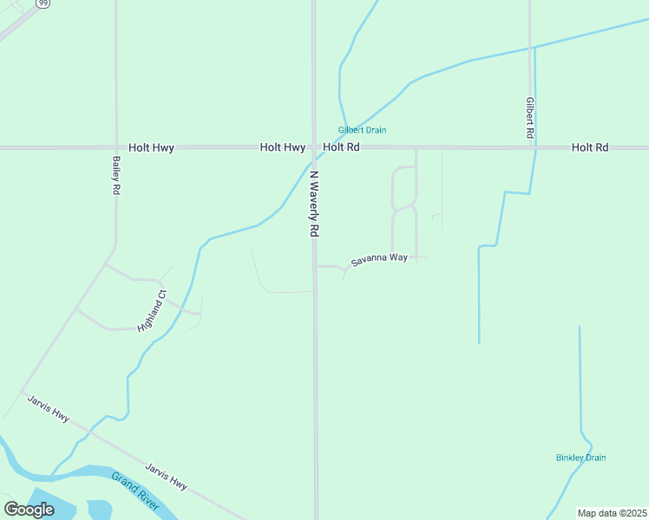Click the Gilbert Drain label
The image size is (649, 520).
[x=362, y=130]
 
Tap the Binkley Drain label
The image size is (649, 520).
[x=580, y=458]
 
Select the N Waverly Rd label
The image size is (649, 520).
[x=315, y=204]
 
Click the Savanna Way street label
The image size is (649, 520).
[x=379, y=259]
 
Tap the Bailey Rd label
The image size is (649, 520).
[x=115, y=175]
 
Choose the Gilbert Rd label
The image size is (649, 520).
[x=529, y=119]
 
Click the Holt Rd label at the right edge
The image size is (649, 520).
[x=590, y=148]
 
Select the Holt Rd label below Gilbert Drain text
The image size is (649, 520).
[x=341, y=148]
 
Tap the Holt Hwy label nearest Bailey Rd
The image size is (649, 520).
[x=151, y=148]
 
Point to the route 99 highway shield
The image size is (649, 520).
[x=43, y=3]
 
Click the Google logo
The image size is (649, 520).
[x=29, y=510]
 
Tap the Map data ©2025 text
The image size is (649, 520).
[x=612, y=513]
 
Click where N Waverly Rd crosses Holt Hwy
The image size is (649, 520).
[x=314, y=148]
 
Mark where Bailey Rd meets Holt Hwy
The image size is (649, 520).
[x=115, y=148]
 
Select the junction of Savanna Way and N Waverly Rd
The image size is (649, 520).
[x=315, y=266]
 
